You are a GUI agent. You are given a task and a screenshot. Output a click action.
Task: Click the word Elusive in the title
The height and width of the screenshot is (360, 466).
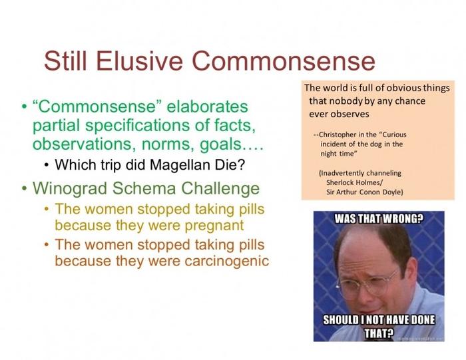(x=140, y=61)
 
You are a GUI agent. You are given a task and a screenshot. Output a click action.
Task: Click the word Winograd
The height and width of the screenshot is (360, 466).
(x=70, y=188)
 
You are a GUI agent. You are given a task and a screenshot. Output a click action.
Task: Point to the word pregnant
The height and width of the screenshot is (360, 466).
(x=214, y=226)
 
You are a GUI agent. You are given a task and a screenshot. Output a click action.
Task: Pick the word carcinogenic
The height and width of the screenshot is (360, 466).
(x=227, y=261)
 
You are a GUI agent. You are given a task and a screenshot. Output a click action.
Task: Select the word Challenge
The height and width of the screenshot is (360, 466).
(x=220, y=188)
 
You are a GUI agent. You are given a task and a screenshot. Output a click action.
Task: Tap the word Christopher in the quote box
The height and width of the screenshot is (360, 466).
(x=338, y=134)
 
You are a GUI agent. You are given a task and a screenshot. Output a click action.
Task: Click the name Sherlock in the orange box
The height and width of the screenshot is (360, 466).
(x=338, y=182)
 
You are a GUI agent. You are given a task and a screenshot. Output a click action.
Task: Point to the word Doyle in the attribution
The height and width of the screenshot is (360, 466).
(x=393, y=192)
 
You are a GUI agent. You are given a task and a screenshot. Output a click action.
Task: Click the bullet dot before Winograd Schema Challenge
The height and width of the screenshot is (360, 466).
(x=24, y=189)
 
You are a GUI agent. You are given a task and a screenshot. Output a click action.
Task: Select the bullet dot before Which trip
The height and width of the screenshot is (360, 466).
(x=47, y=165)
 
